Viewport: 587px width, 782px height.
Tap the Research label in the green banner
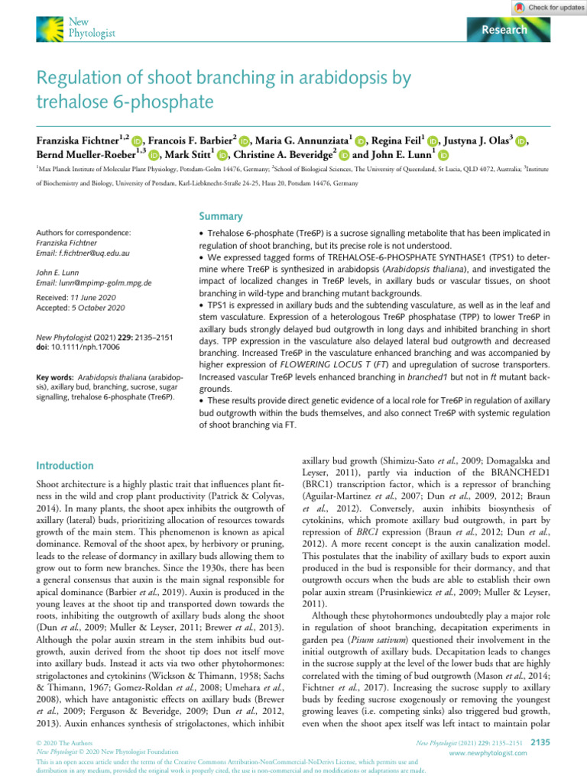coord(504,30)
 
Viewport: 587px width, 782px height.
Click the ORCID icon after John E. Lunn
coord(444,156)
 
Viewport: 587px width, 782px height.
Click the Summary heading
coord(220,216)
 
